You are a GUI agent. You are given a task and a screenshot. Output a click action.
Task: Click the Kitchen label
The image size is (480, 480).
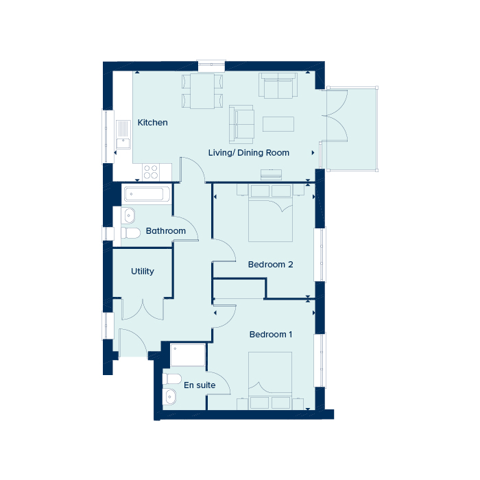(x=152, y=123)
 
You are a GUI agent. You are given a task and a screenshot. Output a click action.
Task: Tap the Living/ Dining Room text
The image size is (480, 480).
(x=248, y=152)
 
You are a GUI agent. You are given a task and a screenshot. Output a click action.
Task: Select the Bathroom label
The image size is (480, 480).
(x=166, y=230)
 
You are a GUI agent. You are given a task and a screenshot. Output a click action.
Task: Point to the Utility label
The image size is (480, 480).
(x=143, y=272)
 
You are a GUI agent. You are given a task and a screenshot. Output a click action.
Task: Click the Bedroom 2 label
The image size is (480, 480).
(x=270, y=264)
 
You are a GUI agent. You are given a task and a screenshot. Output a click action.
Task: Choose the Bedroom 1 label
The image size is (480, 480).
(x=271, y=335)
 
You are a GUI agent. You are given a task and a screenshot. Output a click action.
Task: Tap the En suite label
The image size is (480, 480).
(x=200, y=385)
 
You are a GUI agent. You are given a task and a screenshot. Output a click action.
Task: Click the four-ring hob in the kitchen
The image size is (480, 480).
(x=151, y=171)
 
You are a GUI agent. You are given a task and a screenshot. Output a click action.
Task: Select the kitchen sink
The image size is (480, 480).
(x=123, y=134)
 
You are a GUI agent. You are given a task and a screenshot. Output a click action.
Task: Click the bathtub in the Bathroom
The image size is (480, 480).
(x=147, y=194)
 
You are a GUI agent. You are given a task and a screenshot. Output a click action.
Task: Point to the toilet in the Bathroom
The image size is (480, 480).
(x=130, y=232)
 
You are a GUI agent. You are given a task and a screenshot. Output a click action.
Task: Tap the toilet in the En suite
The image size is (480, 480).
(x=171, y=379)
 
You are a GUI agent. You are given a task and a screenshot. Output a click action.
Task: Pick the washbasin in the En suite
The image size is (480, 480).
(x=169, y=397)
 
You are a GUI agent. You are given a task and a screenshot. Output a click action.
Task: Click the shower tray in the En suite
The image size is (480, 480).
(x=188, y=355)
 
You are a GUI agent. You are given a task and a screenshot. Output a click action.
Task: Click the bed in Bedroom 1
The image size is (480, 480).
(x=270, y=380)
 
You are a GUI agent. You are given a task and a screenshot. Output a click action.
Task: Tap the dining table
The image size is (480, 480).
(x=202, y=91)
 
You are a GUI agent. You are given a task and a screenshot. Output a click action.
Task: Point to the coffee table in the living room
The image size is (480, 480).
(x=278, y=123)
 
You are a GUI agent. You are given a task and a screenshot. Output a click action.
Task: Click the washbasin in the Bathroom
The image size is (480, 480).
(x=128, y=215)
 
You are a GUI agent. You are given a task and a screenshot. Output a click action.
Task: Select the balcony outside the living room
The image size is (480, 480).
(x=352, y=129)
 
